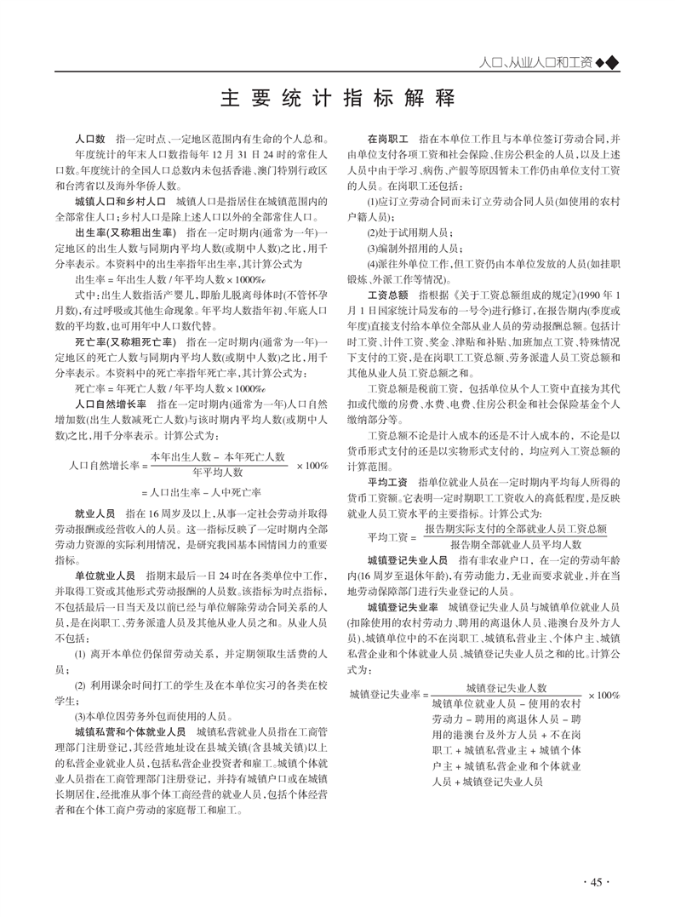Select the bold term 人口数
tap(89, 137)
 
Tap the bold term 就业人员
tap(94, 514)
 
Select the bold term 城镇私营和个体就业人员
tap(130, 731)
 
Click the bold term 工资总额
tap(389, 294)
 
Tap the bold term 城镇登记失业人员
tap(408, 560)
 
